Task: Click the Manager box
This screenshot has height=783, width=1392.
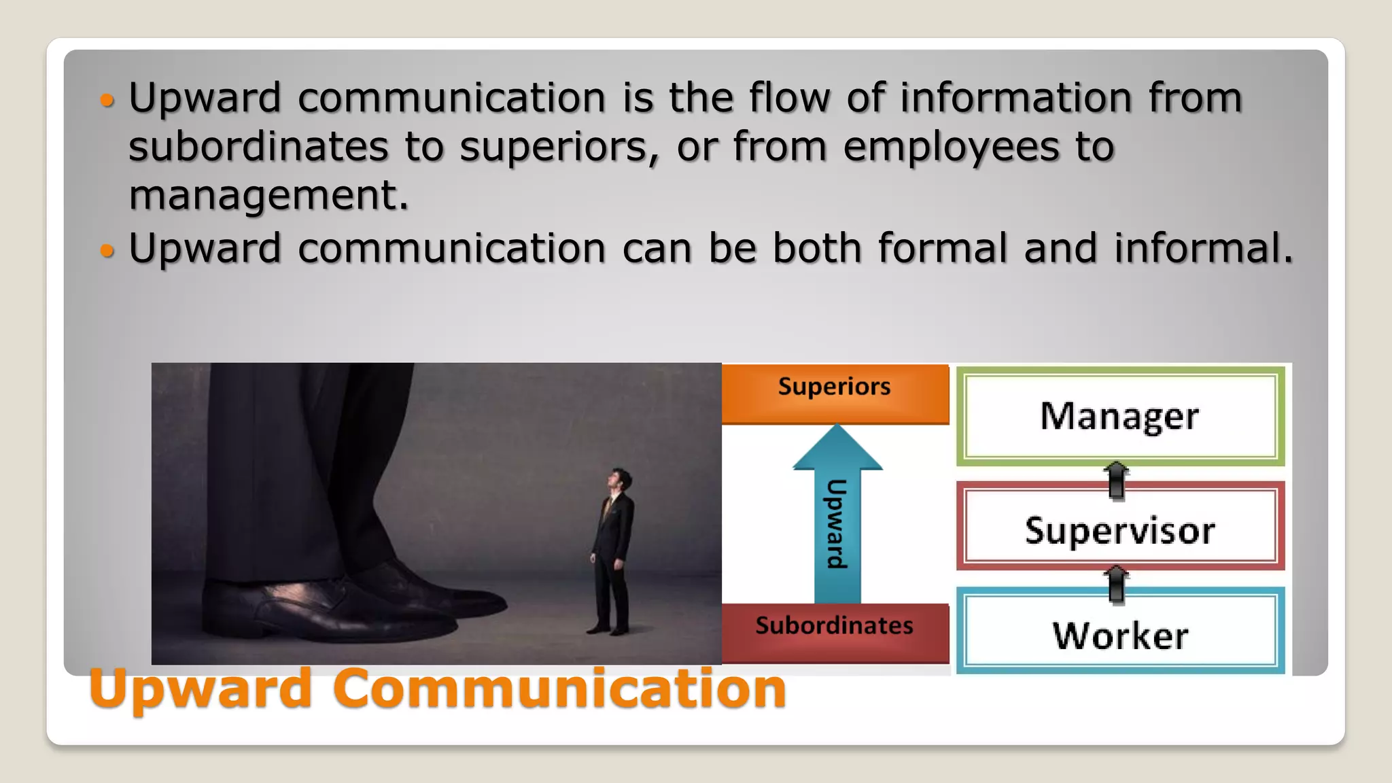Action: pos(1119,416)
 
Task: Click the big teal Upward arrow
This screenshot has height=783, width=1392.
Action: pos(837,517)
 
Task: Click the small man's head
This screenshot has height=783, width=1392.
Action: pos(619,480)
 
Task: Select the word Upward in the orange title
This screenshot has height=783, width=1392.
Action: pos(201,688)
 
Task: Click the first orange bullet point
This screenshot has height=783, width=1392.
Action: pos(107,101)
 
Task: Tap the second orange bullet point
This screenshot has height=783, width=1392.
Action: pos(107,251)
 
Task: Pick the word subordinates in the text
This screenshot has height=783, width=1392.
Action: pos(258,146)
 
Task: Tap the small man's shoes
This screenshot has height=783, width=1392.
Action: pos(608,628)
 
